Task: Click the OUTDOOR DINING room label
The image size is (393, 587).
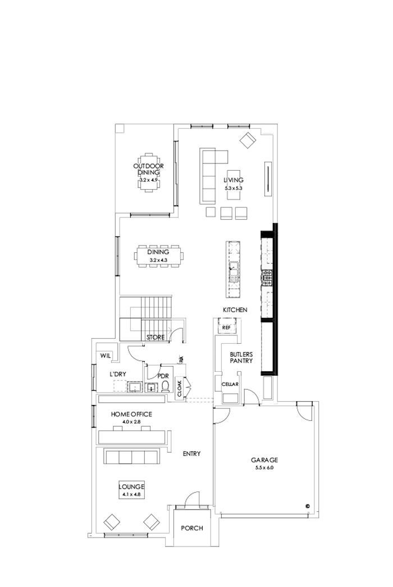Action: click(148, 169)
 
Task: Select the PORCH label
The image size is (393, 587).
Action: click(191, 528)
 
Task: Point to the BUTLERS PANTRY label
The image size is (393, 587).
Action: click(241, 358)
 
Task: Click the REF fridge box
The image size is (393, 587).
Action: click(227, 327)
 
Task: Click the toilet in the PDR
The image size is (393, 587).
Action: click(165, 386)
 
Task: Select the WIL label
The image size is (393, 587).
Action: click(105, 356)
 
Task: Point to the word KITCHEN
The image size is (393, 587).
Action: click(235, 310)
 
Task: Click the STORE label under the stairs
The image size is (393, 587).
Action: click(155, 338)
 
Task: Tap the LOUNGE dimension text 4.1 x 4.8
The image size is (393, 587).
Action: click(132, 494)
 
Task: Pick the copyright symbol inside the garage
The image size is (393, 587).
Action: click(308, 505)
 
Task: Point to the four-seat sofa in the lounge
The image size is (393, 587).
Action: click(132, 456)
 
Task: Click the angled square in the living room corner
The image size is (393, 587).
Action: click(248, 139)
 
